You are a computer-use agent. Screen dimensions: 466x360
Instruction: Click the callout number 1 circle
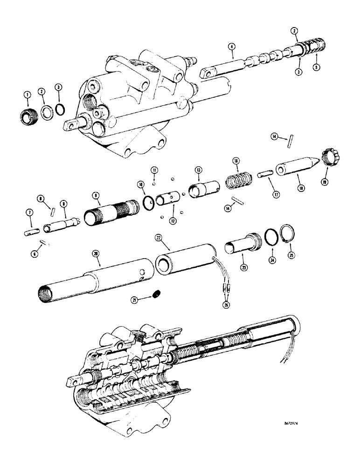[x=27, y=95]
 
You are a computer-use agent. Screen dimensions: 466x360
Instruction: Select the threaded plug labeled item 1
[x=28, y=115]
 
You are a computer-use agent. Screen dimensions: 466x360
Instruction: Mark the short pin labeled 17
[x=264, y=175]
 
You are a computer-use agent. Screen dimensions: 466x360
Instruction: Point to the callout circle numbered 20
[x=96, y=254]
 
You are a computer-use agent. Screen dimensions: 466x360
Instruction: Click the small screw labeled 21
[x=157, y=294]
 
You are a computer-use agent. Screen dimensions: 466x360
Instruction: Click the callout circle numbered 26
[x=227, y=306]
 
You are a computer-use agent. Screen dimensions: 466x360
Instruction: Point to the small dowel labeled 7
[x=31, y=230]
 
